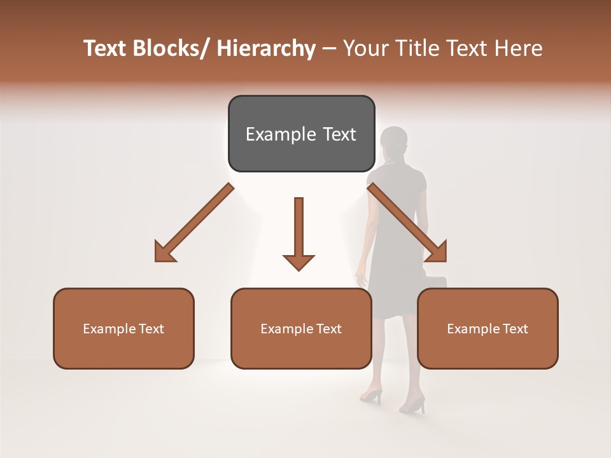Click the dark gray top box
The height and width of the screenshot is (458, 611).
301,134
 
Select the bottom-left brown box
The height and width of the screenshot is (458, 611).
123,328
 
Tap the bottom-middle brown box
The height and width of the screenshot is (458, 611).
301,328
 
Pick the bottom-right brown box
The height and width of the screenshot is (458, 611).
488,328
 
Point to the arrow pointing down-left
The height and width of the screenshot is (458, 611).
193,223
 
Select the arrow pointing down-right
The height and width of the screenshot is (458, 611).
408,223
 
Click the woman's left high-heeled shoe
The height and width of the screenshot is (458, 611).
372,396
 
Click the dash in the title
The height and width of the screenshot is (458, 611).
329,49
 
